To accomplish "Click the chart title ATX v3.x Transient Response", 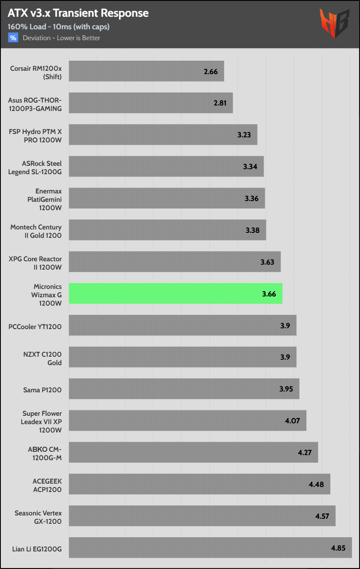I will point(78,13).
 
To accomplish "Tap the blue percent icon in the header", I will point(13,38).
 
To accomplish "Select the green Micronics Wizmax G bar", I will point(175,294).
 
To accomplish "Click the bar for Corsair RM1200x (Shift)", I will point(146,71).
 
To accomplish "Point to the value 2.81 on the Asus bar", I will point(220,103).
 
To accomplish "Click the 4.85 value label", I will point(338,548).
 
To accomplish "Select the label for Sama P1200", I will point(42,390).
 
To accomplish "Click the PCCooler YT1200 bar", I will point(183,325).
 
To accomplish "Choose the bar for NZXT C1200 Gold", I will point(183,357).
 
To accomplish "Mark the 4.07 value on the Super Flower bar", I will point(293,420).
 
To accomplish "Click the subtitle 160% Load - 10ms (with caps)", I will point(58,27).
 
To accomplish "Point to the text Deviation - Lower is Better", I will point(62,38).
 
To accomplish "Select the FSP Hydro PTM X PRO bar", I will point(163,135).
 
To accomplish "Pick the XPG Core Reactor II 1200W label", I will point(35,263).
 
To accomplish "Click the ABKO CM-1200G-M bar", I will point(193,452).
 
